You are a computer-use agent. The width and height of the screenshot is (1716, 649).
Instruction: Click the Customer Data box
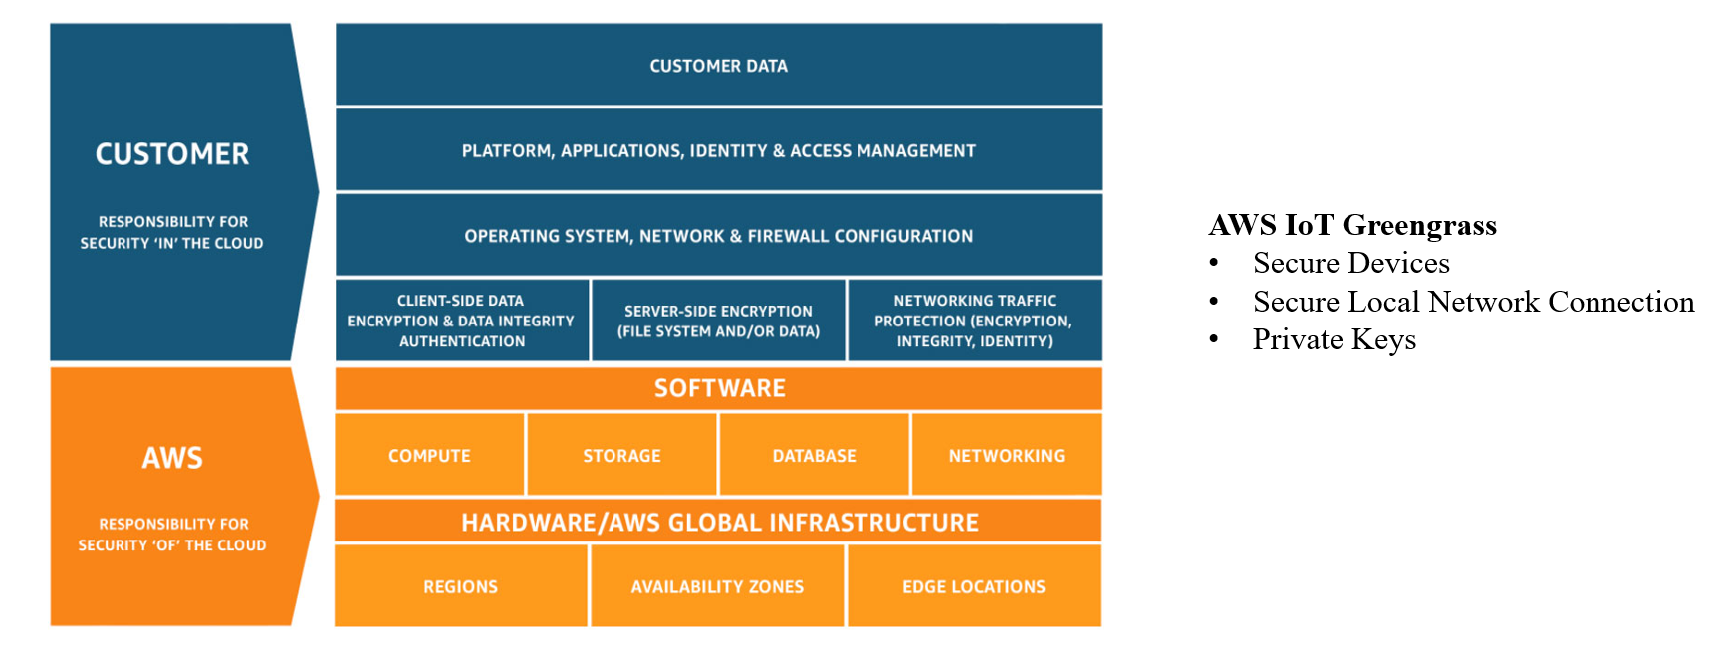tap(718, 66)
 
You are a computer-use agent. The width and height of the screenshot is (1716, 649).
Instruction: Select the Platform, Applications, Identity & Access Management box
tap(718, 151)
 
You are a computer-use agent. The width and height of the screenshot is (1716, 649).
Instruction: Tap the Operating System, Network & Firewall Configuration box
tap(718, 236)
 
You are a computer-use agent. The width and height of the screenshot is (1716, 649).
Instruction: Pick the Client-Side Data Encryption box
tap(461, 321)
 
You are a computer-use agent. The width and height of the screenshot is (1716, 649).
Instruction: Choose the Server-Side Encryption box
tap(718, 321)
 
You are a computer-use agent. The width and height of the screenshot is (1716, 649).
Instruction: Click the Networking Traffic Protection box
tap(974, 321)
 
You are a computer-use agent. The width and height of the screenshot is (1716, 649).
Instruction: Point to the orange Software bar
tap(718, 388)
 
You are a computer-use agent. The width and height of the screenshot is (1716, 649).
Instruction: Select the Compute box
tap(429, 456)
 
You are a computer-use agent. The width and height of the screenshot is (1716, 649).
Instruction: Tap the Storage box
tap(621, 456)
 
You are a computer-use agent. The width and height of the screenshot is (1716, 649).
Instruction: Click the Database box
tap(814, 456)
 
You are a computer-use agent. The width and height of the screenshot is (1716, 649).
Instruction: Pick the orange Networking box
tap(1006, 456)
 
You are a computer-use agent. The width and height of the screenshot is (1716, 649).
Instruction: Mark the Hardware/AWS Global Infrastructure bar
tap(718, 522)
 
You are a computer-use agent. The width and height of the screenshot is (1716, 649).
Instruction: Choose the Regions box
tap(460, 587)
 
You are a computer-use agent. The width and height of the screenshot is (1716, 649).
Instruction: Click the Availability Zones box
tap(717, 587)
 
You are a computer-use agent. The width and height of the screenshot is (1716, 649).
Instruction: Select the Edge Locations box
tap(974, 587)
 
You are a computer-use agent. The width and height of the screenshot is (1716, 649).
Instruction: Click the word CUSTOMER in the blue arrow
tap(172, 154)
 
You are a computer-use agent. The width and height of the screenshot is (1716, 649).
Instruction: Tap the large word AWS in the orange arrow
tap(172, 458)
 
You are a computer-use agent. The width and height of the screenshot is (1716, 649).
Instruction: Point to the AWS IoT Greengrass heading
tap(1352, 225)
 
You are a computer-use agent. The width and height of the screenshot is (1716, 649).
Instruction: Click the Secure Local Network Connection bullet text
tap(1473, 302)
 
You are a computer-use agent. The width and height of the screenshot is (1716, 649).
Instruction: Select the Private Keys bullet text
tap(1334, 339)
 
